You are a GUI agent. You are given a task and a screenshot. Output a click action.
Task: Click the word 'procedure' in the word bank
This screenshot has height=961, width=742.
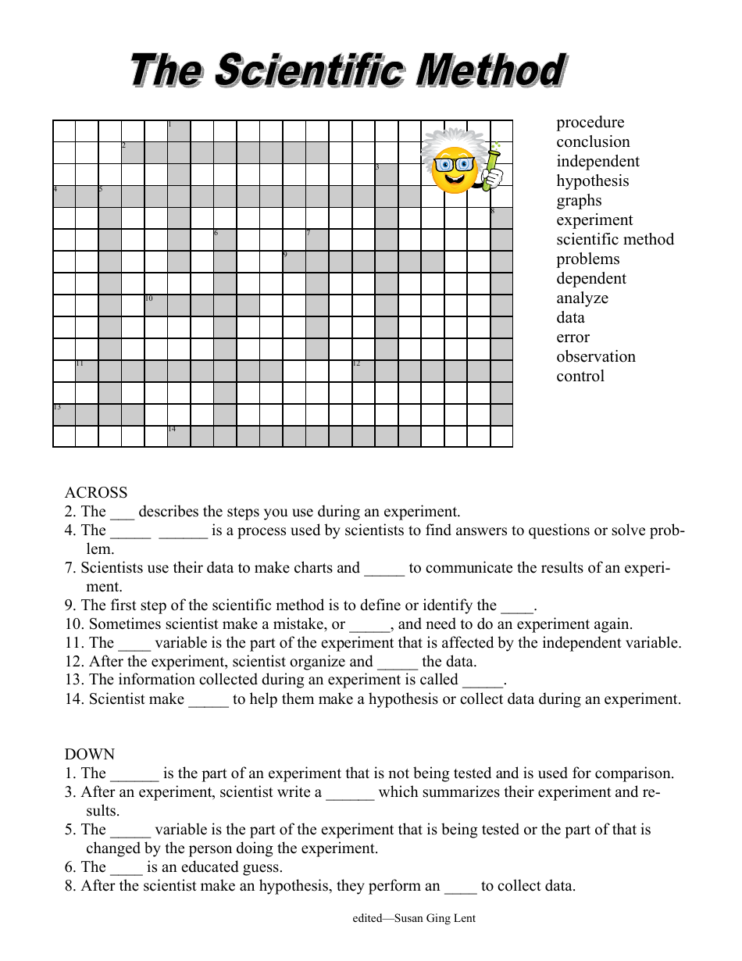[x=590, y=123]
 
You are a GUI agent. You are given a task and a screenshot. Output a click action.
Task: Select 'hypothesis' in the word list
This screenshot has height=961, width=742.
[x=592, y=181]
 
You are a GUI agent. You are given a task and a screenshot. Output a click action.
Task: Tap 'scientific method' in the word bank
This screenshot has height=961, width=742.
[x=615, y=240]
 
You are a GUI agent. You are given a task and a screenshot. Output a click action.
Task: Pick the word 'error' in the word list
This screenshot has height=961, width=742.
[x=573, y=338]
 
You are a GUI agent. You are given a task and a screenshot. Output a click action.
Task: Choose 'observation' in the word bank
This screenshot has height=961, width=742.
[x=595, y=357]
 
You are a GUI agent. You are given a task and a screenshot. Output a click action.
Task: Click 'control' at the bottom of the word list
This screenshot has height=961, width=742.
[x=580, y=377]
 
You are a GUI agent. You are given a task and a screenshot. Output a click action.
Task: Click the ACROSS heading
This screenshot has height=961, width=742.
[x=95, y=493]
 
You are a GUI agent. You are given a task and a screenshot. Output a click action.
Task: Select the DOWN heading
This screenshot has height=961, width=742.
[x=89, y=755]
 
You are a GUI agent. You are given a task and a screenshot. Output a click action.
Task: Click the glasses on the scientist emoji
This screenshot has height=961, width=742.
[x=454, y=165]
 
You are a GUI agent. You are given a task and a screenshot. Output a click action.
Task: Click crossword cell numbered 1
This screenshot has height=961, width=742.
[x=179, y=131]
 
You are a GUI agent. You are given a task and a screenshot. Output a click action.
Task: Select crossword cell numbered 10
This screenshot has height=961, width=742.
[x=155, y=305]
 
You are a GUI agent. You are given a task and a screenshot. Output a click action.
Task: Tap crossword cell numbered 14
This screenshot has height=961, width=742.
[x=179, y=436]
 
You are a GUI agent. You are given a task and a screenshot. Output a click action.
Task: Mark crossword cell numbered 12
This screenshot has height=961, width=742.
[x=363, y=370]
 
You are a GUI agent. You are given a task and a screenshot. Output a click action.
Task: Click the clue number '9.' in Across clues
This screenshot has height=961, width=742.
[x=71, y=606]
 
